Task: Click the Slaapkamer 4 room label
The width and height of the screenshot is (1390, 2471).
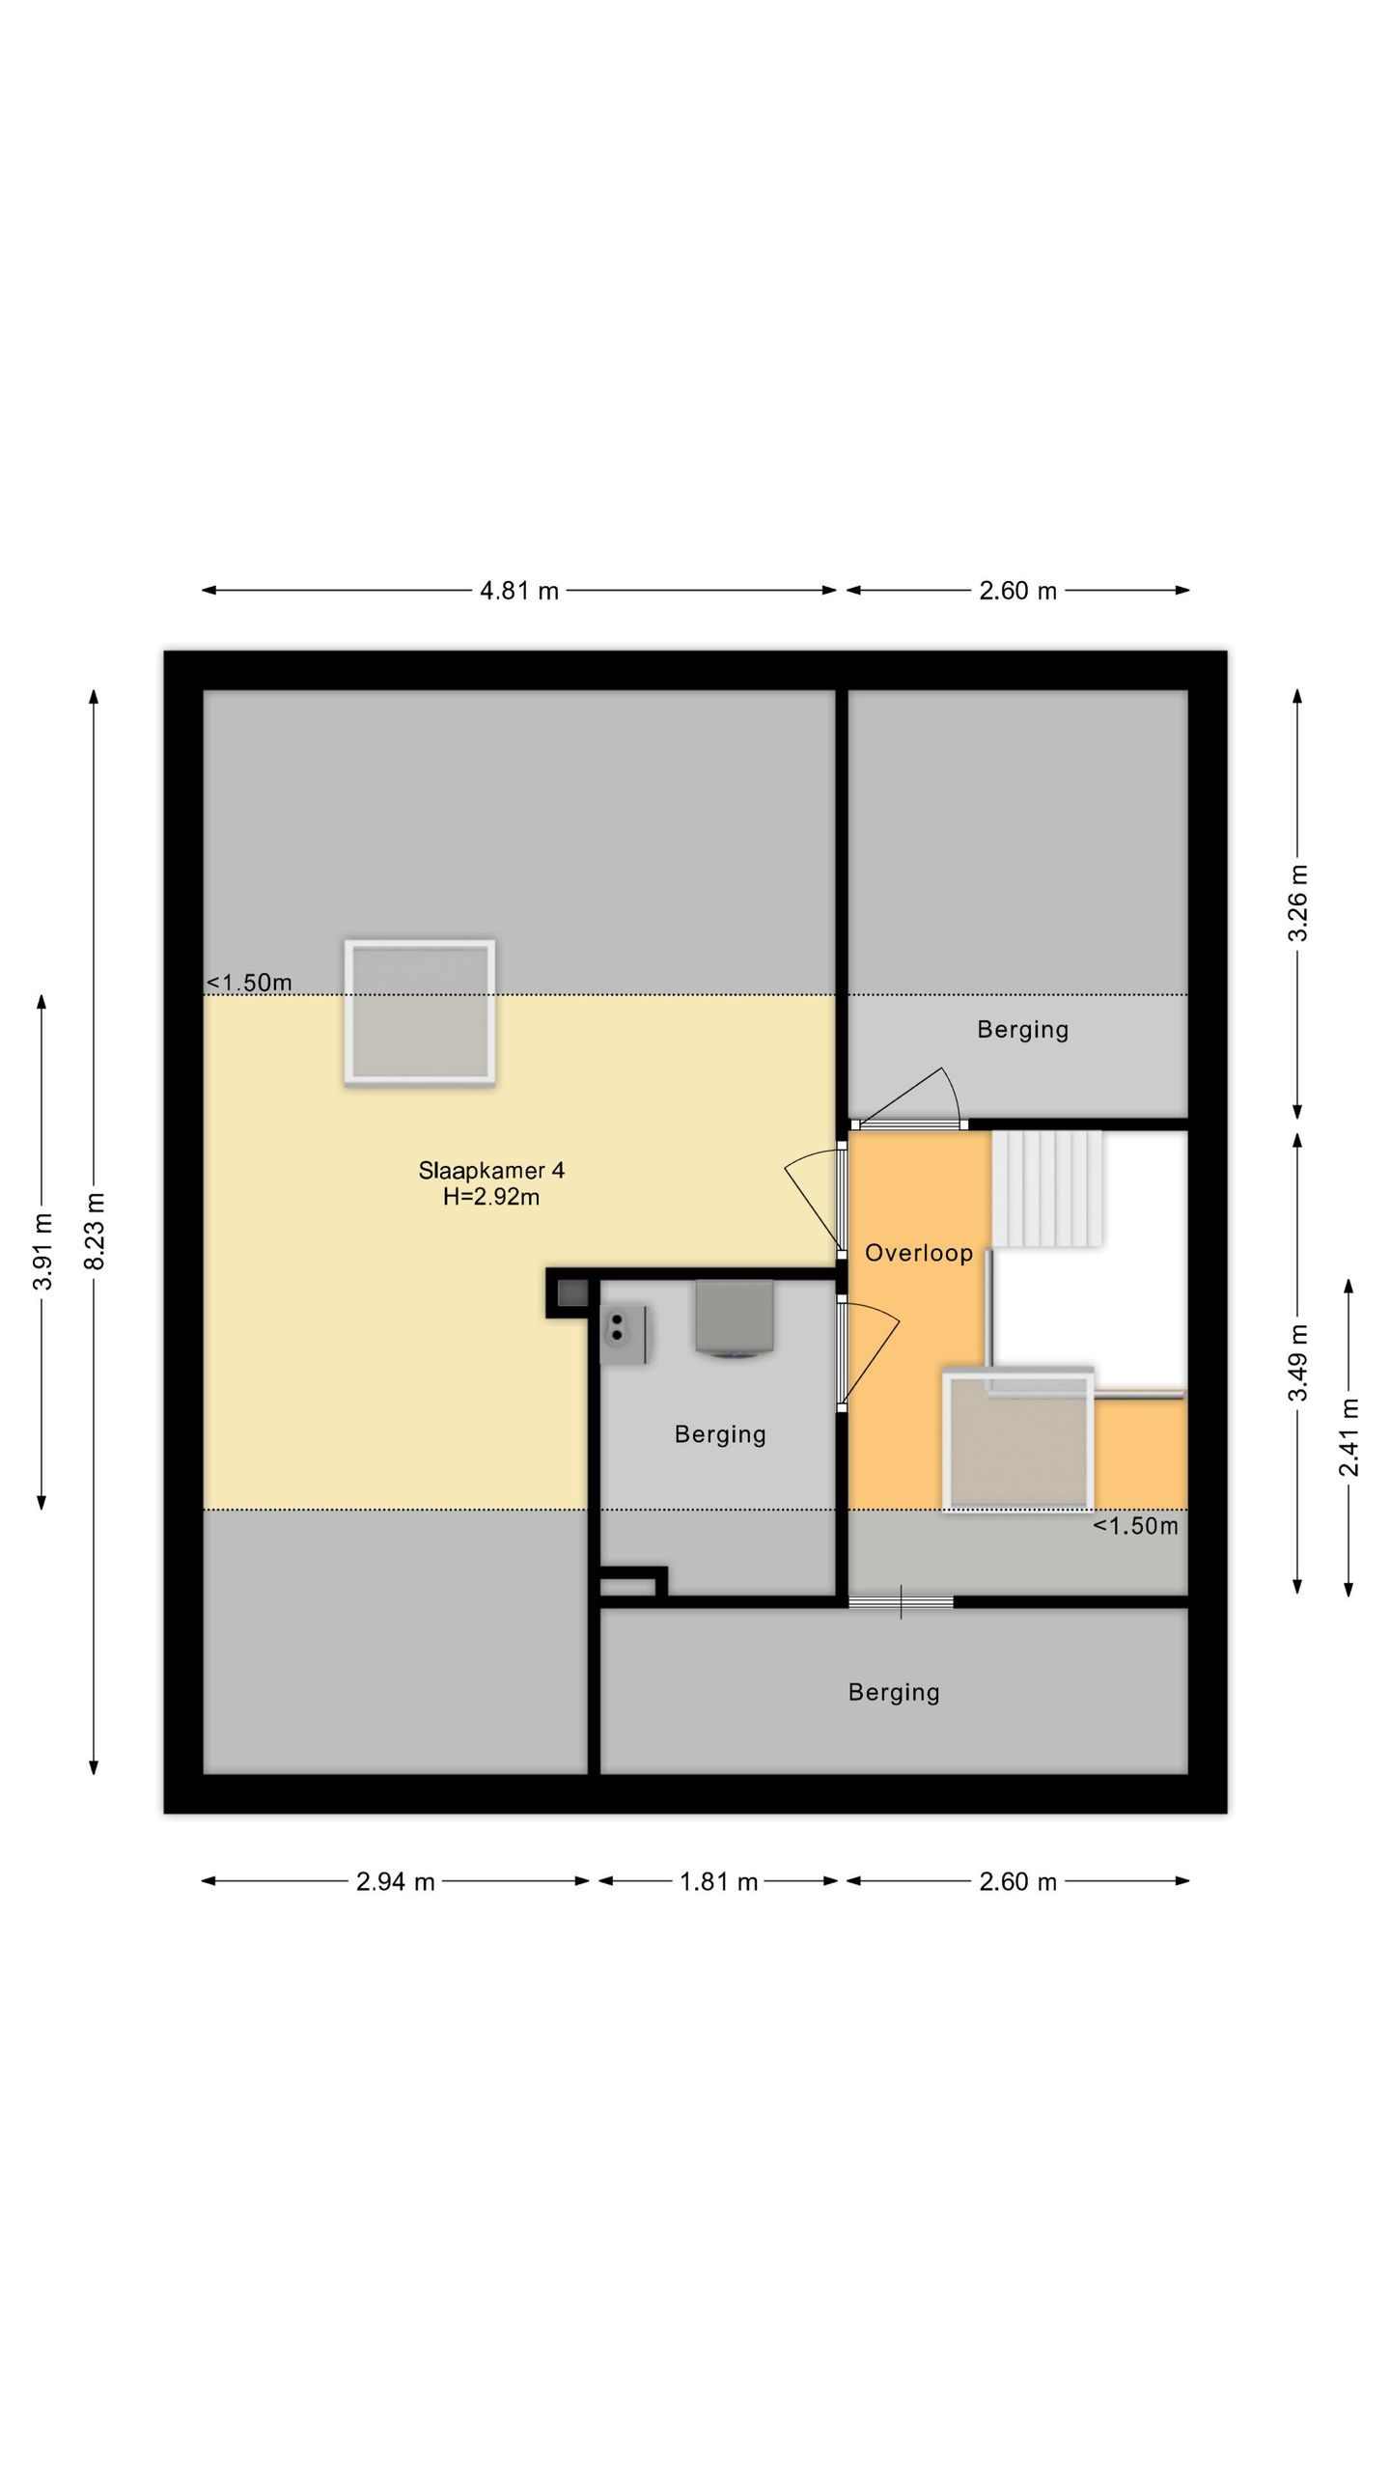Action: point(491,1171)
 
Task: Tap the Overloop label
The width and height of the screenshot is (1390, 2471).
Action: point(918,1253)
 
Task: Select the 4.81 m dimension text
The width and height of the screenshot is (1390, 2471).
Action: point(519,591)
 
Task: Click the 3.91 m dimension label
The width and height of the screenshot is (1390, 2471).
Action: point(42,1250)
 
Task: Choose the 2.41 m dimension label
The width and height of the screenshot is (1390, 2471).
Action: point(1349,1436)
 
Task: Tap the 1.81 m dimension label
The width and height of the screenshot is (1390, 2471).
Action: point(719,1881)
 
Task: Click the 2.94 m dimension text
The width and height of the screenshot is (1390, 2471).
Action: point(396,1881)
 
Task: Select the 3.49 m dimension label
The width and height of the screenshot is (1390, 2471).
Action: point(1298,1362)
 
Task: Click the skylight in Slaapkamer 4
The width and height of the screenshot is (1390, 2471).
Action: point(420,1012)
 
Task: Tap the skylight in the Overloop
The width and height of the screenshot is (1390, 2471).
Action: point(1018,1441)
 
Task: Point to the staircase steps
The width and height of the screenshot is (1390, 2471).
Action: point(1047,1188)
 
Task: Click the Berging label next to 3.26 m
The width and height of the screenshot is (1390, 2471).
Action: point(1023,1030)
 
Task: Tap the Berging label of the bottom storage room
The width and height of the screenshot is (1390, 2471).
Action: point(894,1692)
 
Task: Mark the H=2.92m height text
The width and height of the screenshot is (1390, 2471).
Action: point(491,1198)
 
